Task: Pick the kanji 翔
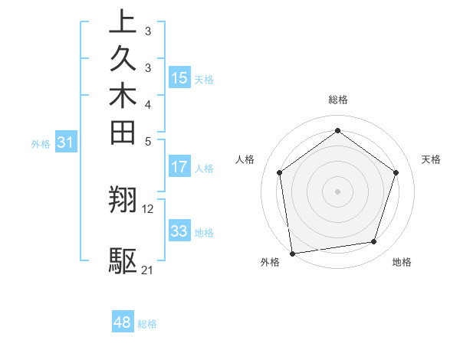[x=123, y=200]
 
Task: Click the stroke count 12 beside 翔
[x=148, y=208]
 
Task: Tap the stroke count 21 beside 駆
[x=148, y=270]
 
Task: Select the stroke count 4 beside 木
[x=148, y=103]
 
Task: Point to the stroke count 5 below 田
[x=148, y=140]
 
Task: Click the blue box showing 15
[x=179, y=77]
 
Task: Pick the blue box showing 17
[x=179, y=166]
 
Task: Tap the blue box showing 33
[x=179, y=231]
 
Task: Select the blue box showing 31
[x=66, y=142]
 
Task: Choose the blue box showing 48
[x=123, y=322]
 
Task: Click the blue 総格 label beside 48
[x=147, y=324]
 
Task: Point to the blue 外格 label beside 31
[x=41, y=143]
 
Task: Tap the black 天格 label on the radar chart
[x=431, y=159]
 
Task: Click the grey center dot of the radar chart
[x=337, y=191]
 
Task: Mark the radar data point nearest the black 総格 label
[x=337, y=129]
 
